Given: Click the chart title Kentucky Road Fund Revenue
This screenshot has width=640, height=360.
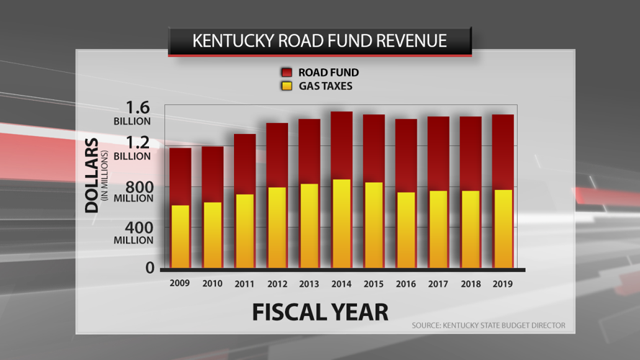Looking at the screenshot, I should point(320,41).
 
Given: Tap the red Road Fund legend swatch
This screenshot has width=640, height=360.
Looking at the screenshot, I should point(287,73).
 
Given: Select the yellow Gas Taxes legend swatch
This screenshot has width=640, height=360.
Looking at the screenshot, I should point(287,86).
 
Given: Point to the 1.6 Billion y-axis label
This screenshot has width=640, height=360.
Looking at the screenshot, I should point(132,114).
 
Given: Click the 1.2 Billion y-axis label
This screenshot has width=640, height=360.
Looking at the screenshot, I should point(132,148).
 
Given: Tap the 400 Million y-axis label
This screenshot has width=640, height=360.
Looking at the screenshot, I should point(134,233).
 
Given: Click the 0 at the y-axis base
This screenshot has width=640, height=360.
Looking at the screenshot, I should point(150,268).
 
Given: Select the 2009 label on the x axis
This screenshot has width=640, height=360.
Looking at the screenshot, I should point(180,284).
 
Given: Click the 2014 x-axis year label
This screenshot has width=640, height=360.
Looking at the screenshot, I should point(341,284).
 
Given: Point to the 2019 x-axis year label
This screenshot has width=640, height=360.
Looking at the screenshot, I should point(502,284).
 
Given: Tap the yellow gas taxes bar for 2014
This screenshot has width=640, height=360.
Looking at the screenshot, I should point(341,223).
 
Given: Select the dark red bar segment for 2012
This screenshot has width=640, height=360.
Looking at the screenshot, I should point(277,155).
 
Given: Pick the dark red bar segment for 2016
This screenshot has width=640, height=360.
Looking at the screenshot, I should point(406,155).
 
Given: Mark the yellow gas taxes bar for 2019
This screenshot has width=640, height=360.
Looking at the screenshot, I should point(502,229).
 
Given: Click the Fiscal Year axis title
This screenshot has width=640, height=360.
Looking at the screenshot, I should point(320,312).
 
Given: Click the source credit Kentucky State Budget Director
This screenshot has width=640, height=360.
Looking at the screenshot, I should point(488,326).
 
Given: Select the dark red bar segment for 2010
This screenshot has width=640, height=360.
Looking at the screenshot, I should point(212,174).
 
